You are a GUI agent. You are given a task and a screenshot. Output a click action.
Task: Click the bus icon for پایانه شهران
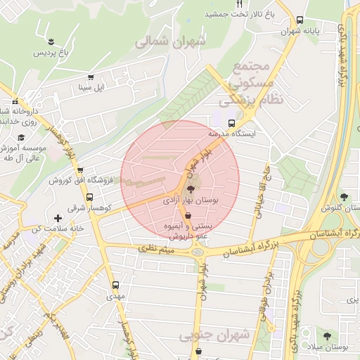(x=300, y=20)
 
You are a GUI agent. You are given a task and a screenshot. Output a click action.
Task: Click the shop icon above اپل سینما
(x=90, y=77)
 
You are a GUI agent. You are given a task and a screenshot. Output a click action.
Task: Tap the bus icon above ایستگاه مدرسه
(x=232, y=122)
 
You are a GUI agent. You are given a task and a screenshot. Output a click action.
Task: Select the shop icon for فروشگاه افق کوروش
(x=80, y=170)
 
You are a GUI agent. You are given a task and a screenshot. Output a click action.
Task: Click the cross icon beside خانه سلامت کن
(x=58, y=219)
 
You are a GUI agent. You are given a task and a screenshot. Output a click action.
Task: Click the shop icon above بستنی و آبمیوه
(x=186, y=215)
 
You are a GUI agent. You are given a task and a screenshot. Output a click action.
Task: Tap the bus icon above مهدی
(x=115, y=285)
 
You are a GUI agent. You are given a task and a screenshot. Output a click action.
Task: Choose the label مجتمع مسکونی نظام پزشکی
(x=255, y=83)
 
